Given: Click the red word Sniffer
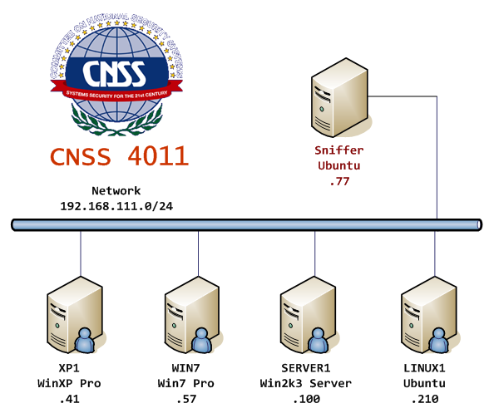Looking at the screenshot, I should tap(338, 150).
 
